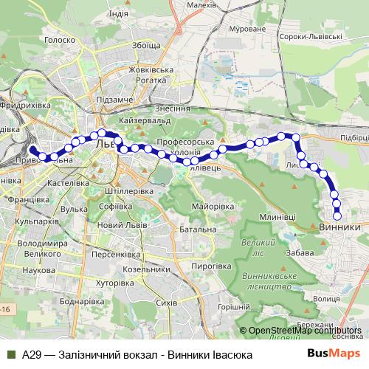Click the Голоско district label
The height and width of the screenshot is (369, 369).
[x=61, y=41]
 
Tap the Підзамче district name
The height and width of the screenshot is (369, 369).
[x=114, y=100]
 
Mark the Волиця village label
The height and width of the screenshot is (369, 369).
[x=326, y=300]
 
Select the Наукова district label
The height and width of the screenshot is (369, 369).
[x=38, y=272]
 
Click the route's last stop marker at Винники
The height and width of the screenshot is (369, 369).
[x=337, y=216]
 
